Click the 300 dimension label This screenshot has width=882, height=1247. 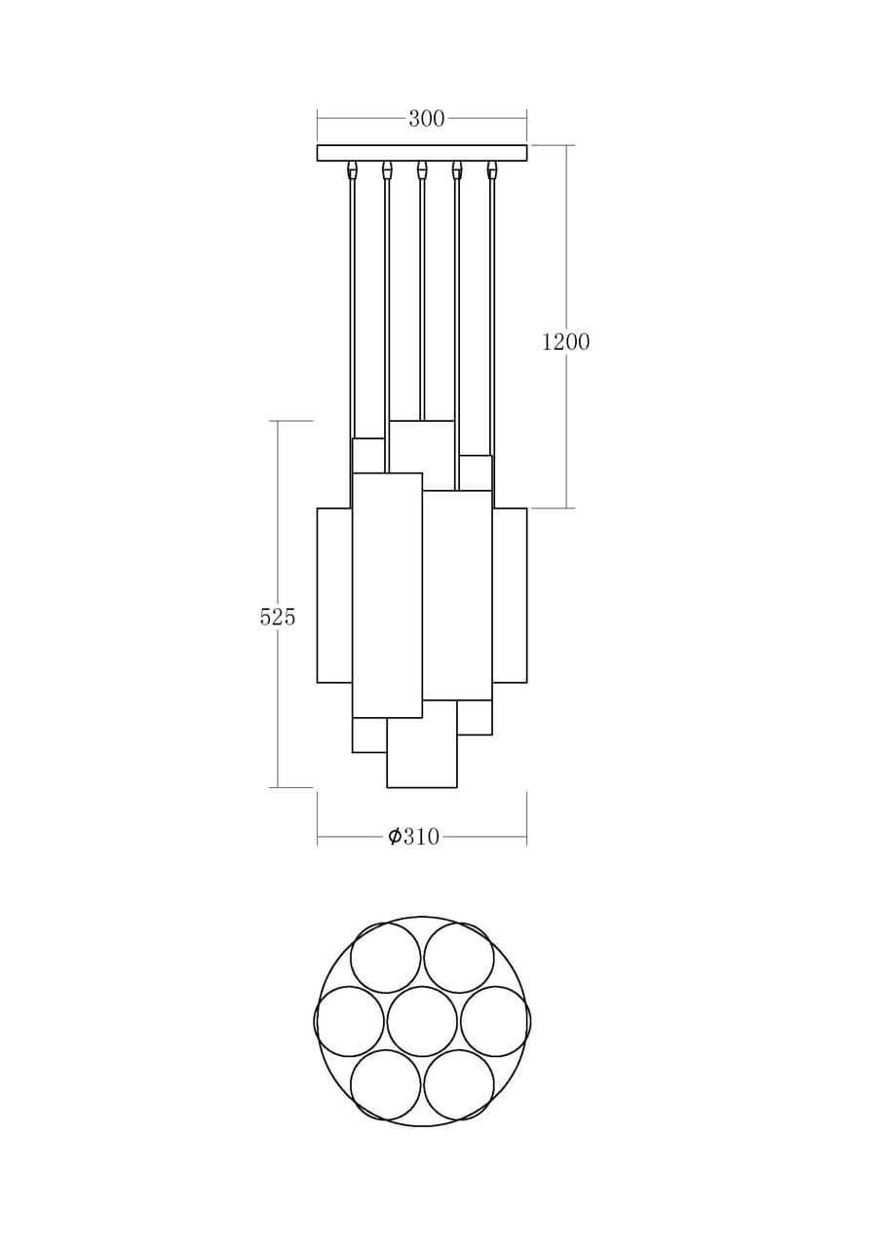pyautogui.click(x=426, y=119)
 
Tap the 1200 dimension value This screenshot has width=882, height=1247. pyautogui.click(x=565, y=342)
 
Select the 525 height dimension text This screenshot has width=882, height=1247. pyautogui.click(x=278, y=617)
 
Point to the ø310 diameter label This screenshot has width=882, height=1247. pyautogui.click(x=414, y=836)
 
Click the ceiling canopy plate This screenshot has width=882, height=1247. pyautogui.click(x=422, y=152)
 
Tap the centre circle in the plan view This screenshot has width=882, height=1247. pyautogui.click(x=422, y=1021)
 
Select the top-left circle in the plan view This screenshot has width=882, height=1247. pyautogui.click(x=386, y=958)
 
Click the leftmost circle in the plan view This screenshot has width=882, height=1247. pyautogui.click(x=349, y=1021)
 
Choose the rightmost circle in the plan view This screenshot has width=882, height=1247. pyautogui.click(x=495, y=1021)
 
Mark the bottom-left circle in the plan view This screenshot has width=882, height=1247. pyautogui.click(x=386, y=1084)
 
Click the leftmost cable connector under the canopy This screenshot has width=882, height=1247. pyautogui.click(x=352, y=171)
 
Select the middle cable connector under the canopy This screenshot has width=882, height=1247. pyautogui.click(x=422, y=170)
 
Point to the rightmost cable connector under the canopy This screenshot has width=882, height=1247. pyautogui.click(x=491, y=171)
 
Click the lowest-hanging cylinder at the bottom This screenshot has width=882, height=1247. pyautogui.click(x=422, y=755)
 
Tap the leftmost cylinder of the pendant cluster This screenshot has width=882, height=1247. pyautogui.click(x=333, y=594)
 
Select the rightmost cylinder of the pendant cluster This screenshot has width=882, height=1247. pyautogui.click(x=510, y=594)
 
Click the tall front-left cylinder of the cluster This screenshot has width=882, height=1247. pyautogui.click(x=387, y=594)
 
